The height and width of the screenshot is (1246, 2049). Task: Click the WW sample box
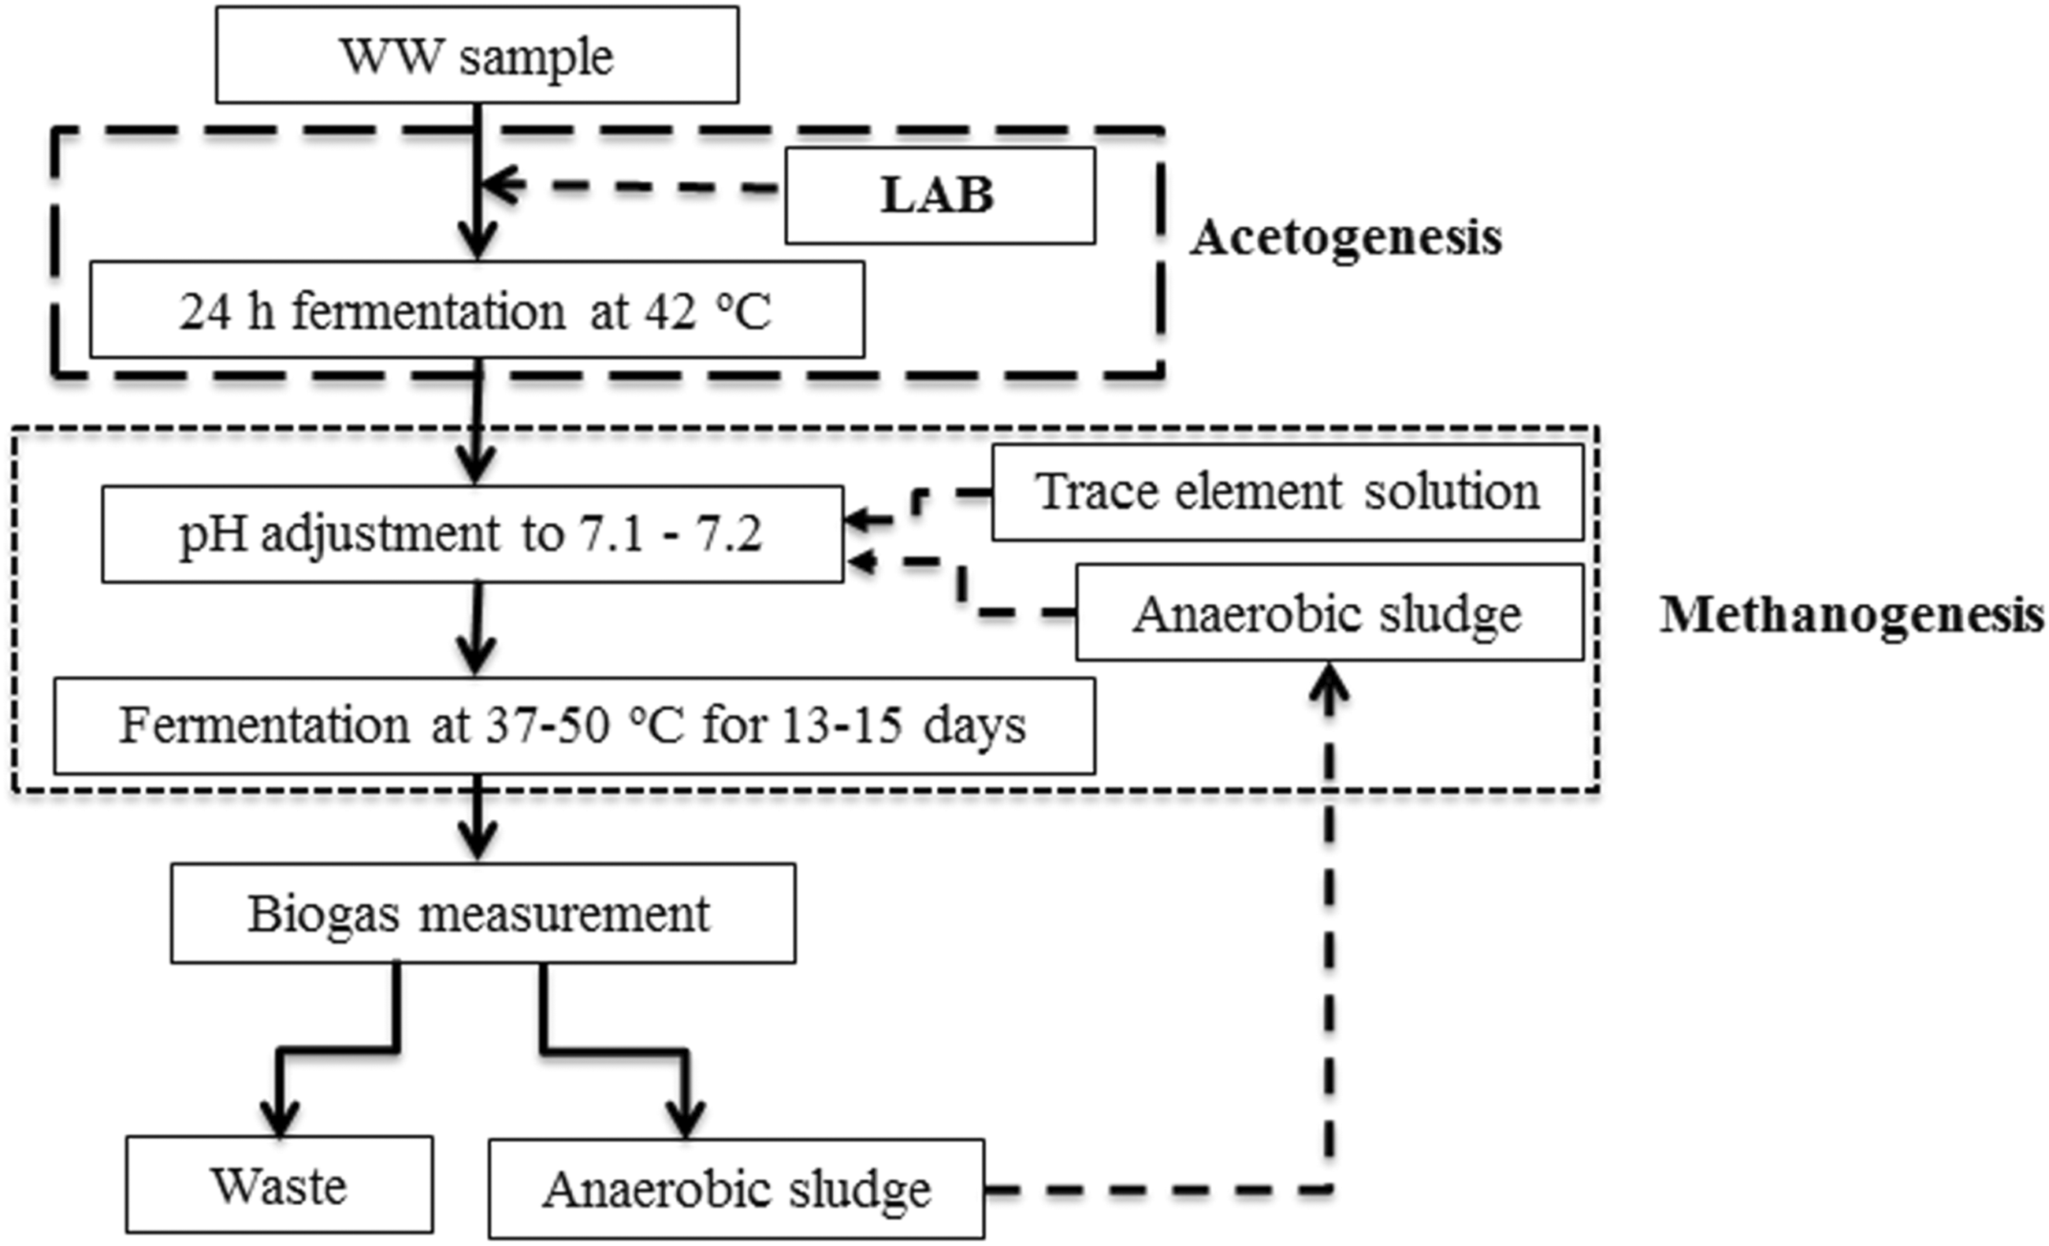tap(478, 55)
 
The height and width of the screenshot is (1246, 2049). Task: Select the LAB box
tap(939, 196)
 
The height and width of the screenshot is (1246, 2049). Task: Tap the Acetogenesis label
tap(1346, 239)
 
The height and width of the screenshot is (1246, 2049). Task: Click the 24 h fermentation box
tap(478, 310)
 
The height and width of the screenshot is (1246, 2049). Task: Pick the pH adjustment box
tap(472, 534)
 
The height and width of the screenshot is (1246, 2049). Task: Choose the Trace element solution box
tap(1287, 492)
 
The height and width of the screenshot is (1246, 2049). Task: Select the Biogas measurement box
tap(483, 914)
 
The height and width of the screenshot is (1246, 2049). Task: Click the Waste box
tap(280, 1185)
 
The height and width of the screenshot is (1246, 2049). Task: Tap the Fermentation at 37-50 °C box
tap(575, 725)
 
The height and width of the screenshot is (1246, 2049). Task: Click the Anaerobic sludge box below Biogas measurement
tap(737, 1189)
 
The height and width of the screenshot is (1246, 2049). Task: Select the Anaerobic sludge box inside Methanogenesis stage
tap(1329, 613)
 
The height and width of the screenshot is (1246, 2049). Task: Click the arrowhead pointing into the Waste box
tap(280, 1117)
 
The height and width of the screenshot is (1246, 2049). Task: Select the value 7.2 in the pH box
tap(733, 535)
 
